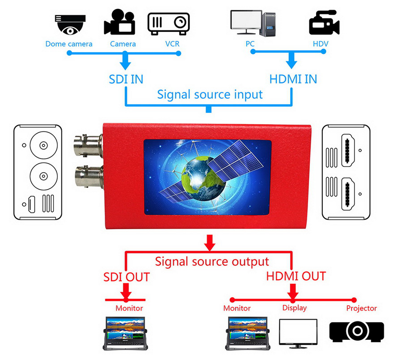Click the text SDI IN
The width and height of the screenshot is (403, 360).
pyautogui.click(x=126, y=79)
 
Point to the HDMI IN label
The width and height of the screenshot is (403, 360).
pyautogui.click(x=293, y=79)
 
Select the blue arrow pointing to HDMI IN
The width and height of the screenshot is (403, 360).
pyautogui.click(x=292, y=60)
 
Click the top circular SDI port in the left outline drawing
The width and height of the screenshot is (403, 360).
pyautogui.click(x=43, y=145)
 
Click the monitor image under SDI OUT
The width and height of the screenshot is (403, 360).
pyautogui.click(x=126, y=333)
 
